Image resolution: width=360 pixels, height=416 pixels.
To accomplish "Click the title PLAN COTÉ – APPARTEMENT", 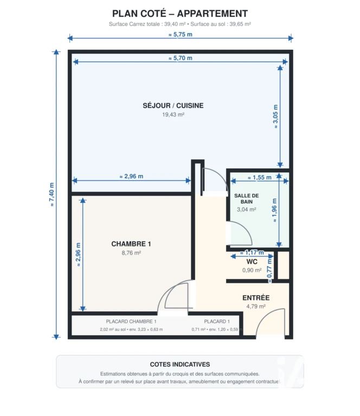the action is (x=180, y=13).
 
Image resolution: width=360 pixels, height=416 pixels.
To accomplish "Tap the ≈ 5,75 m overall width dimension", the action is (x=180, y=35).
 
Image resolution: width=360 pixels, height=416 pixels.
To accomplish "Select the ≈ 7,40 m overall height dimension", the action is (x=52, y=194).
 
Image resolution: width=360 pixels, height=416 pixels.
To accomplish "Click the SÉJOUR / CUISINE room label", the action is (x=173, y=106).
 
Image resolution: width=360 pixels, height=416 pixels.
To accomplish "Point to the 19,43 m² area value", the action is (x=173, y=115).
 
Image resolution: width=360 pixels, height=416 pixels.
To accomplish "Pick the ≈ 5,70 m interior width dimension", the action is (x=180, y=58).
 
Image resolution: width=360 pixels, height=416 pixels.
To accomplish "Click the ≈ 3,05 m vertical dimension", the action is (x=275, y=117).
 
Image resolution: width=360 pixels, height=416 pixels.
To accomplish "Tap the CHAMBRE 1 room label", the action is (x=131, y=244).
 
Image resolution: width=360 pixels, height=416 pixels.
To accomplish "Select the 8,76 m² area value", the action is (x=131, y=253).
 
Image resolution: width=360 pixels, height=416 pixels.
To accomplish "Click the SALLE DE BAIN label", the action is (x=246, y=199).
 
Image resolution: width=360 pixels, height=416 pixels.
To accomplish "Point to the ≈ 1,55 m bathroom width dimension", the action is (x=260, y=178).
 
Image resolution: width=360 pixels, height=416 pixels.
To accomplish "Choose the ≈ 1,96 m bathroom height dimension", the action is (x=274, y=210).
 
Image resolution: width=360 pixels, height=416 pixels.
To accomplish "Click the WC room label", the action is (x=252, y=262).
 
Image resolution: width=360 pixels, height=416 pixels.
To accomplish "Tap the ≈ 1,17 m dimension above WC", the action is (x=252, y=252).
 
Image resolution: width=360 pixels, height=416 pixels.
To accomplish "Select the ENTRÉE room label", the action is (x=256, y=298).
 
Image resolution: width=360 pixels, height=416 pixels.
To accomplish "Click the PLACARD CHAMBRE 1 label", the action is (x=131, y=322).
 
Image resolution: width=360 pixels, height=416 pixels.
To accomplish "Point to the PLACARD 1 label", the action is (x=217, y=322).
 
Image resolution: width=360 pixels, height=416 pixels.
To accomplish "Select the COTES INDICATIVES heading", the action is (x=180, y=365).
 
